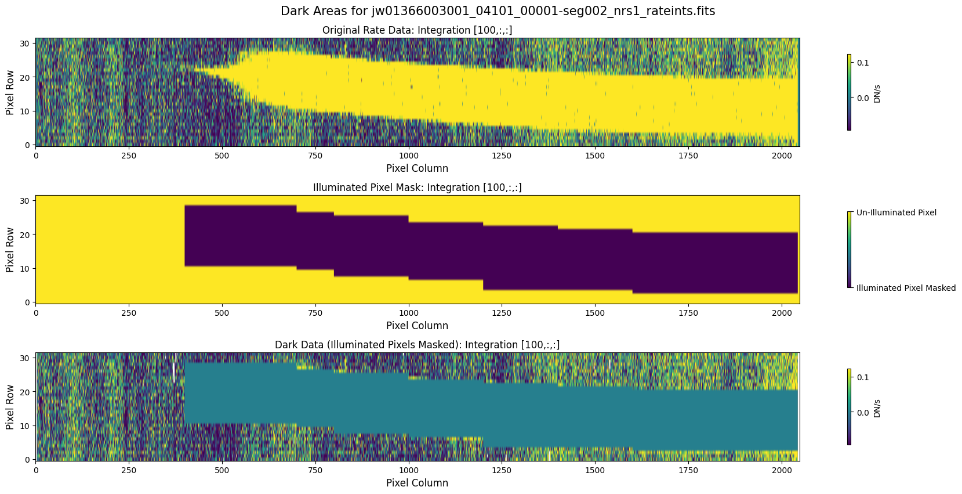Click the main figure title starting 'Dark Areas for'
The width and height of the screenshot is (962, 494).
click(x=498, y=11)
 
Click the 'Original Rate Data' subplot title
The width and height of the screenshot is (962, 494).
click(x=417, y=30)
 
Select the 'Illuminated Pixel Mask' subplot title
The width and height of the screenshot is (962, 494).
click(x=417, y=187)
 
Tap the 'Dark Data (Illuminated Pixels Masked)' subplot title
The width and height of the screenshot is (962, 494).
click(x=417, y=345)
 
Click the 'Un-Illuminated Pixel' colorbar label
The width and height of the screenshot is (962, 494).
click(x=896, y=212)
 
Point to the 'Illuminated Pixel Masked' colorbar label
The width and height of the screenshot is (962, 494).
click(x=906, y=288)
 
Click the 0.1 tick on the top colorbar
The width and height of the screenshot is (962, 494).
click(x=863, y=63)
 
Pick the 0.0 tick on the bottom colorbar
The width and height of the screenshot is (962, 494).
click(x=863, y=413)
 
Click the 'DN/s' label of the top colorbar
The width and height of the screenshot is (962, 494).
click(x=877, y=93)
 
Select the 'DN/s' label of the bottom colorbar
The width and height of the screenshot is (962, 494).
click(x=877, y=408)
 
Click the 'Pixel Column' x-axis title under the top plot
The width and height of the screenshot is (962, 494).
click(x=417, y=168)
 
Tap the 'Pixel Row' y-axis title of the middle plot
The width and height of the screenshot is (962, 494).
click(x=10, y=250)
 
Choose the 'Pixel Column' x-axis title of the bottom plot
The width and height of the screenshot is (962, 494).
click(x=417, y=483)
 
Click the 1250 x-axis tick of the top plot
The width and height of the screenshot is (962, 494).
click(x=502, y=156)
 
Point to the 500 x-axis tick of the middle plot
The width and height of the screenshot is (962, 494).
click(x=222, y=313)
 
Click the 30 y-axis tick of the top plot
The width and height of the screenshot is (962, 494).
click(x=26, y=43)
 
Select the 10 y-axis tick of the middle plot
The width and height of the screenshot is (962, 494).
click(x=26, y=269)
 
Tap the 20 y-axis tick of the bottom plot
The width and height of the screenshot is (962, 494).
click(x=26, y=392)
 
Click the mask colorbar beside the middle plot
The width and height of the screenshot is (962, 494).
click(x=850, y=250)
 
